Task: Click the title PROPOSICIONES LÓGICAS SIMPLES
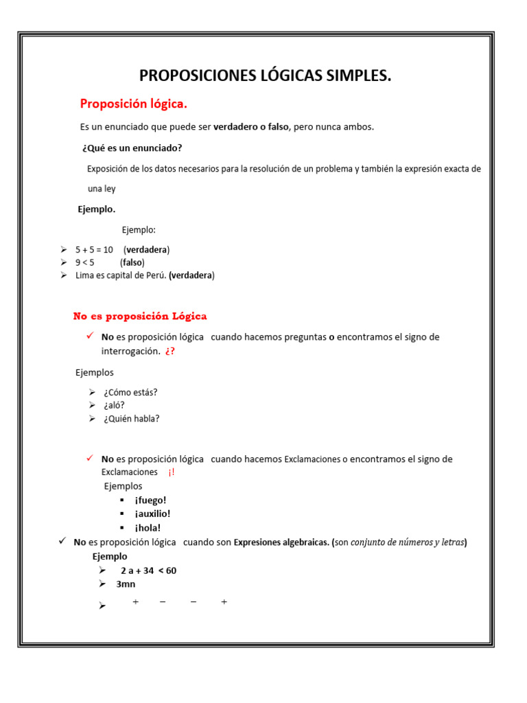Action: pos(265,76)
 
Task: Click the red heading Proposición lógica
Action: pos(133,104)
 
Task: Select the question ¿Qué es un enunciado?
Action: pos(132,148)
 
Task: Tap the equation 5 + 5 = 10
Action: pos(94,250)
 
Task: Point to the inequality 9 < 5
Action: pos(85,262)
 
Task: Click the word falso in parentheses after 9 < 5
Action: pos(132,262)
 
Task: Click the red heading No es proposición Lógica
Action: pos(140,316)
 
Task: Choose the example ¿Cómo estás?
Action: pos(130,393)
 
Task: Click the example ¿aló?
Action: pos(114,405)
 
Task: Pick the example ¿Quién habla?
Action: pos(131,418)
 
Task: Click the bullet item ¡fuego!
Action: pos(150,500)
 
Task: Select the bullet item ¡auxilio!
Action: pos(152,514)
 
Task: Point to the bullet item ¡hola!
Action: pos(148,528)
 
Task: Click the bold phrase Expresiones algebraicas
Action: pos(281,542)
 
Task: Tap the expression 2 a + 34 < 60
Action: pos(148,571)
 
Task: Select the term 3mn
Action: pos(126,584)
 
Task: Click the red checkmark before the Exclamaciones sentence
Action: pos(89,459)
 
